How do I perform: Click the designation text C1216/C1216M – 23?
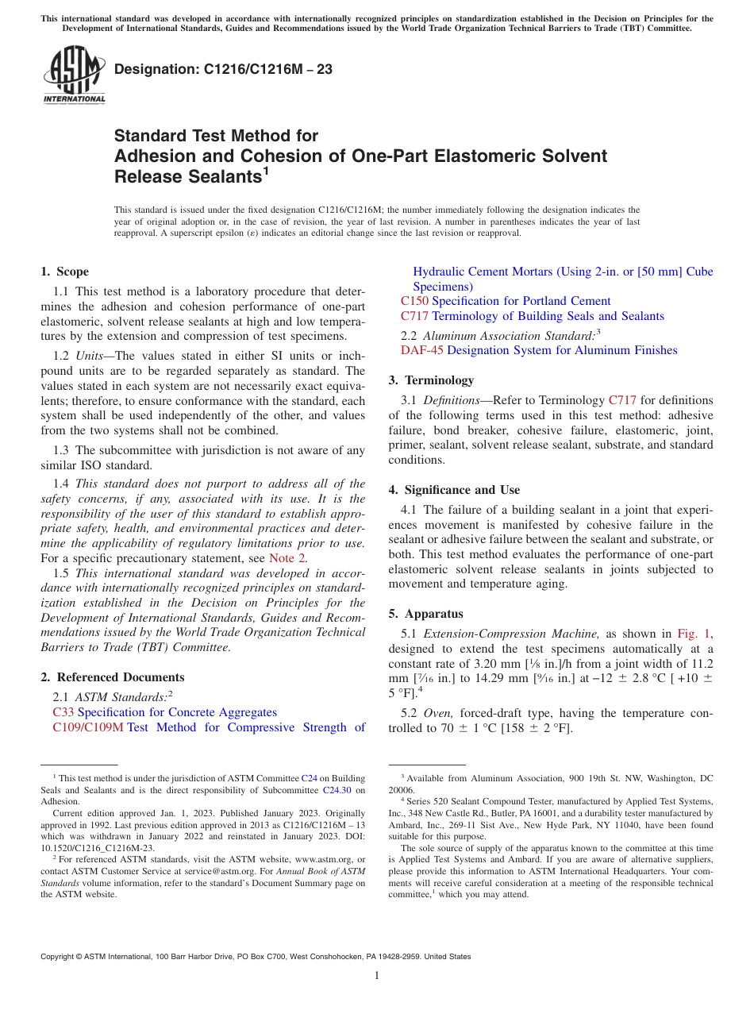223,69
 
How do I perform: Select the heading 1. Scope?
64,272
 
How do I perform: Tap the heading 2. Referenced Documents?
112,677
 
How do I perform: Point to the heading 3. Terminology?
431,380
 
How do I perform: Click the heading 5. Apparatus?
425,614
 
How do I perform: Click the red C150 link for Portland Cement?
414,301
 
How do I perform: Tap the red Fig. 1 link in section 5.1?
693,634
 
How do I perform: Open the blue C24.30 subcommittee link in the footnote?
337,790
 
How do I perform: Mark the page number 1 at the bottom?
377,976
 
